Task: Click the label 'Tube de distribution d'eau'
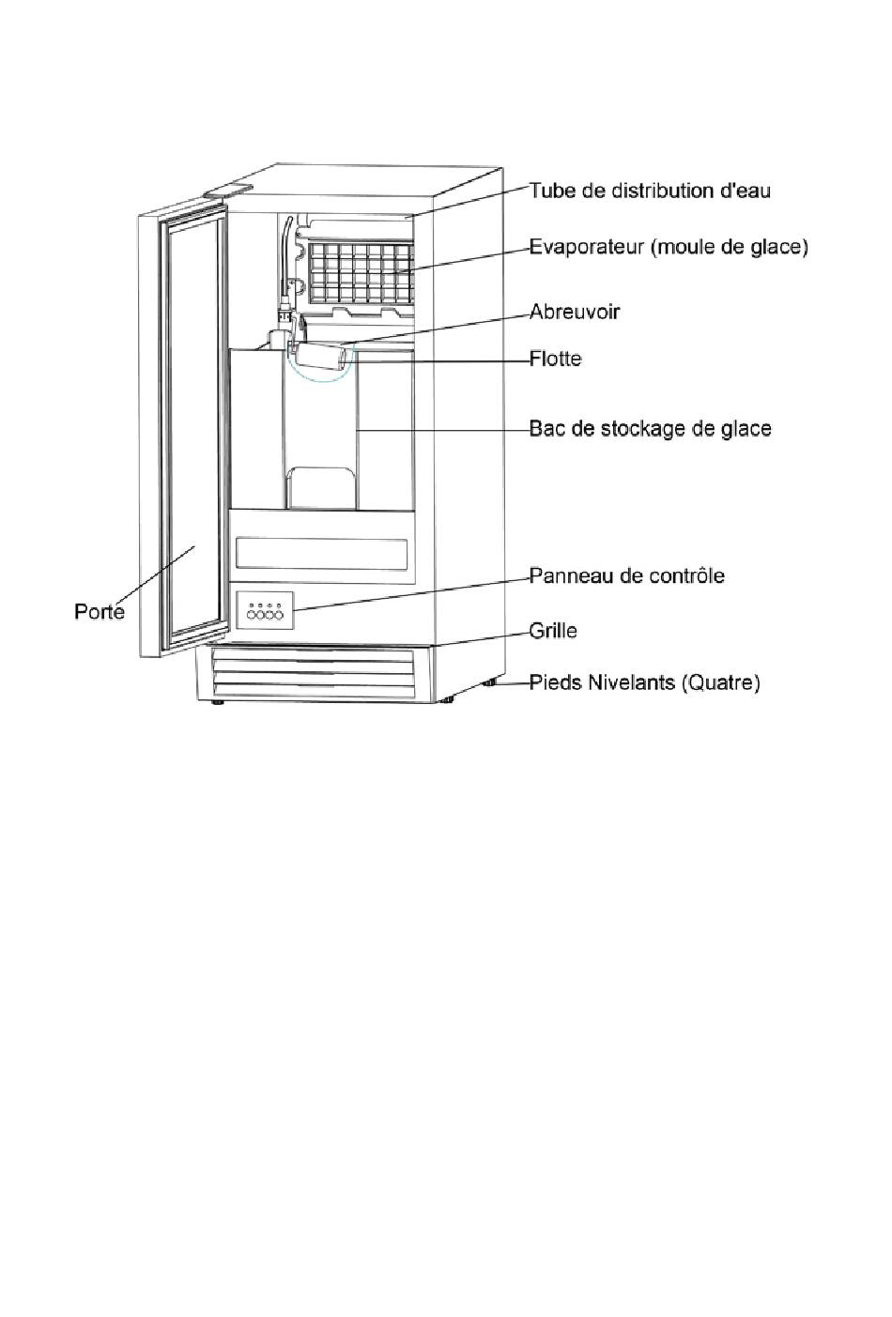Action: (x=650, y=191)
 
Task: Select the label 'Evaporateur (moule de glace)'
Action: (x=668, y=247)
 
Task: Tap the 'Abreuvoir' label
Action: (x=575, y=312)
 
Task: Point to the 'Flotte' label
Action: (x=555, y=359)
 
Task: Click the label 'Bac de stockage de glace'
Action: (x=650, y=429)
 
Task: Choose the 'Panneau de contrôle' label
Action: (x=626, y=575)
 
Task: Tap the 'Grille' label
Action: (x=553, y=631)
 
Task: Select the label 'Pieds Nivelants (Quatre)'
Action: (x=644, y=682)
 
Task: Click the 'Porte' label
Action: (x=100, y=612)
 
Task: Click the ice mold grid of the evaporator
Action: (x=361, y=272)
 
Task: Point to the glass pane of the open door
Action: (x=192, y=432)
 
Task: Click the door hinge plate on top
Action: (x=228, y=191)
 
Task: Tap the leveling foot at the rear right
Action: (x=489, y=683)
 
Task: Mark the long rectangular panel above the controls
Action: (x=322, y=553)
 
